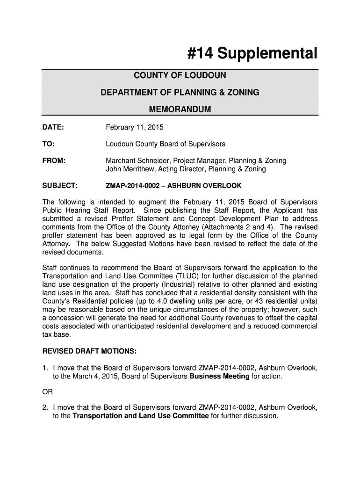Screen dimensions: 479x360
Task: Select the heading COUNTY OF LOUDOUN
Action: tap(180, 76)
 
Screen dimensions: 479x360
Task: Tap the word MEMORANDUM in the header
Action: tap(180, 109)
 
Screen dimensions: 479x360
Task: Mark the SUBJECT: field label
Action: tap(60, 186)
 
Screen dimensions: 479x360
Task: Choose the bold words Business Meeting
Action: tap(219, 377)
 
